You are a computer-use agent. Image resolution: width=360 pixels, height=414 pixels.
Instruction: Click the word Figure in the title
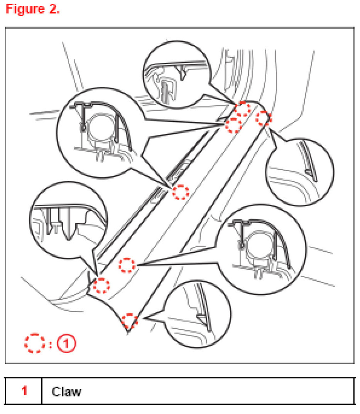25,10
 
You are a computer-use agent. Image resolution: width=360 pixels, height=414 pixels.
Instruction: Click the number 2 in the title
54,9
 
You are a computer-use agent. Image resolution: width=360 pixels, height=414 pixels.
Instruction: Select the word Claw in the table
67,392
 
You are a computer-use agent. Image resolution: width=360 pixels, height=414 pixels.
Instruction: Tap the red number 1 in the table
24,391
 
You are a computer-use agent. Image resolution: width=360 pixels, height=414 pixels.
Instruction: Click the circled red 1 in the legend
66,343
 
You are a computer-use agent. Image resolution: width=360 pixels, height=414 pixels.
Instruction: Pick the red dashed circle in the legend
34,343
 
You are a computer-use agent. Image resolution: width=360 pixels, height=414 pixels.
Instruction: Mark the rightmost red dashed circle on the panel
263,119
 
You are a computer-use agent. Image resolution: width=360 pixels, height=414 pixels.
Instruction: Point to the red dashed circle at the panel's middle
181,192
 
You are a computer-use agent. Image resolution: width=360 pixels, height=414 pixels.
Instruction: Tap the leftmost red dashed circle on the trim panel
101,285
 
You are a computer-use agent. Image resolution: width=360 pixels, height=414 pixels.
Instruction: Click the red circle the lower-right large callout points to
127,265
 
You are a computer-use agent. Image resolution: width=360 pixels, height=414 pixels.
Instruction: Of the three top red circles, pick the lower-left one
234,125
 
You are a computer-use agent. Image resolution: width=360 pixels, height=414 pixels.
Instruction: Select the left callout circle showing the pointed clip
69,220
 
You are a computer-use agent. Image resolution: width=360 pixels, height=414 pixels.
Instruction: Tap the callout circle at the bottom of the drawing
197,314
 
